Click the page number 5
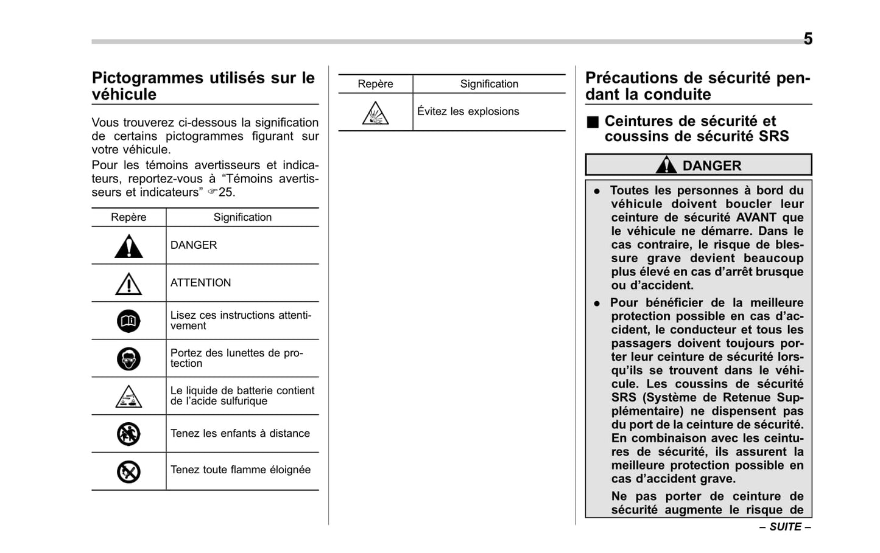point(808,39)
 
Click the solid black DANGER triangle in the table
point(128,246)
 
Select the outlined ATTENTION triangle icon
point(128,284)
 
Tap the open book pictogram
point(128,321)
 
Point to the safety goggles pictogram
point(128,359)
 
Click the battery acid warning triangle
point(128,397)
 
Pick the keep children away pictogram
point(128,434)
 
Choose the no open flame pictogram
point(128,471)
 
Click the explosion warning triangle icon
point(375,113)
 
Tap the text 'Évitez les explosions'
point(468,111)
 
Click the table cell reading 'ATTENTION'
point(200,283)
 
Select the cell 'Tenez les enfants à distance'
point(240,433)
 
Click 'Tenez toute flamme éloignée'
point(240,470)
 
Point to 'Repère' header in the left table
point(128,217)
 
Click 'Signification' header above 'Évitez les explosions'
point(489,84)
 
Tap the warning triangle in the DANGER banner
point(666,165)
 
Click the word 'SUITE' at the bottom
point(785,527)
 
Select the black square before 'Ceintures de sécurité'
point(593,122)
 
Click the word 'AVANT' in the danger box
point(756,217)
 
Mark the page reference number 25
point(227,192)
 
